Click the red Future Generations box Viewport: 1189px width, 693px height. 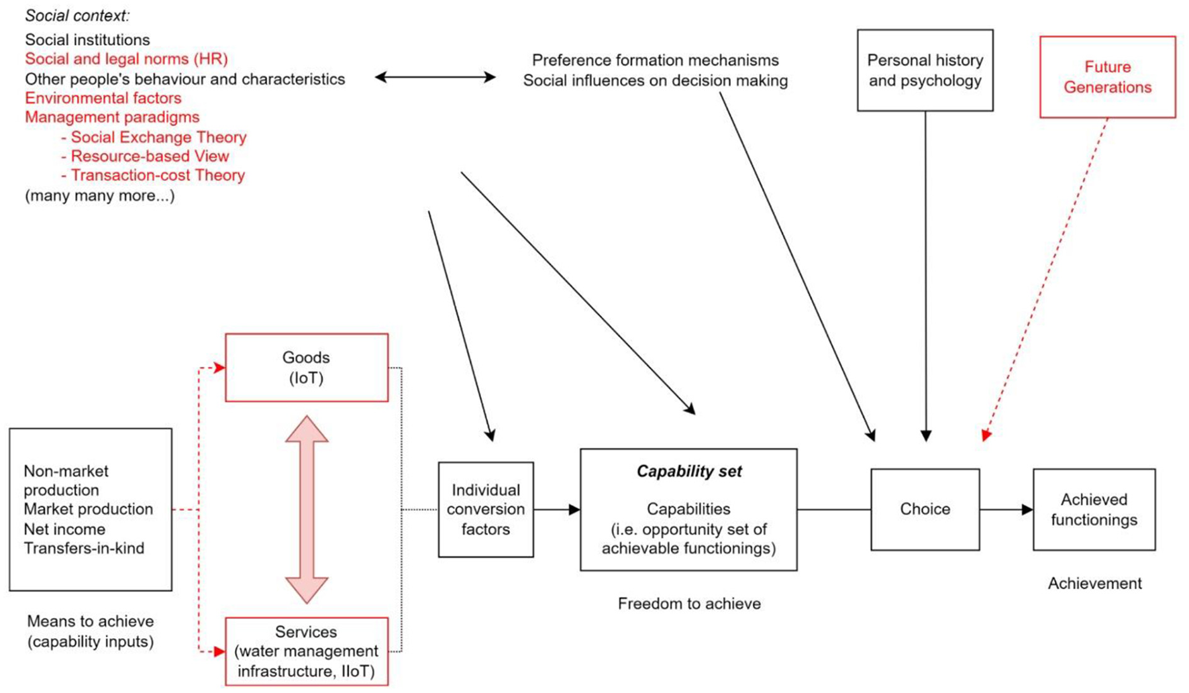coord(1107,77)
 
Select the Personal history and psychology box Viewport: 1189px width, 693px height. coord(925,70)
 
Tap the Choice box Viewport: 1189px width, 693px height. coord(925,509)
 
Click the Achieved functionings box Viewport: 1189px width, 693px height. coord(1094,509)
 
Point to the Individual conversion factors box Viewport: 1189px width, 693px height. coord(485,509)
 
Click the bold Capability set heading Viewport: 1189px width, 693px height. coord(688,472)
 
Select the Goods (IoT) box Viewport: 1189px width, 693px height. coord(307,368)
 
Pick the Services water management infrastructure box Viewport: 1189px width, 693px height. coord(307,651)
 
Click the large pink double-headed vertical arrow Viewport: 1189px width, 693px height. coord(307,510)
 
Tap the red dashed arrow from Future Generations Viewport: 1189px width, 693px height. coord(1047,275)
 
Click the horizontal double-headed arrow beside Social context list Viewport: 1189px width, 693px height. coord(435,77)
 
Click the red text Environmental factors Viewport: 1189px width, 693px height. coord(103,98)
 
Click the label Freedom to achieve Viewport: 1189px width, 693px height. coord(688,604)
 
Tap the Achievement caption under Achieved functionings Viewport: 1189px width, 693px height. coord(1094,584)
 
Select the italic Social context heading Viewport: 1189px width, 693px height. coord(77,15)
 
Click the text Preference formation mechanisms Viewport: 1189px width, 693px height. coord(655,60)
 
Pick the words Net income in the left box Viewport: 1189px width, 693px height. coord(64,529)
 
